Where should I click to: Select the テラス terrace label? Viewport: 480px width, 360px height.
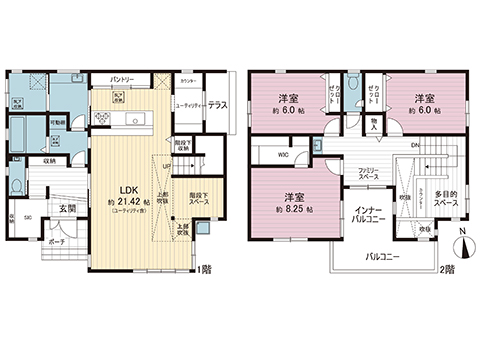[x=220, y=104]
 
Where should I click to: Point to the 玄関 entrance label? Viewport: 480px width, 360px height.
[x=67, y=208]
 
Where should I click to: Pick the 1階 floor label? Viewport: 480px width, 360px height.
[x=204, y=268]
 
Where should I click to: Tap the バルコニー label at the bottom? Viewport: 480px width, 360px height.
[x=383, y=255]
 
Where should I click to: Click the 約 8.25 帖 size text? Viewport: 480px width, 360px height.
[x=294, y=210]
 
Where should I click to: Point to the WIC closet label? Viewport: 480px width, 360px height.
[x=283, y=154]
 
